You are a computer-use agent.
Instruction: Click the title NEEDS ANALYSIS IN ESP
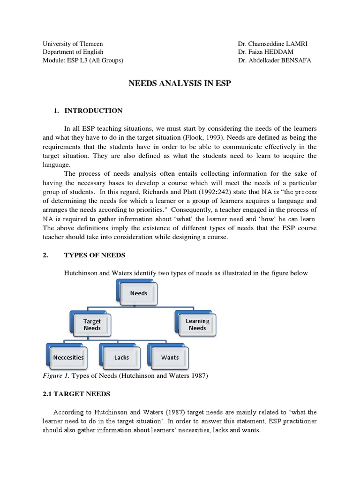[180, 84]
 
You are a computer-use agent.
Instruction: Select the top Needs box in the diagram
[138, 293]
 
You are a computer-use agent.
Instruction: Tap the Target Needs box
[92, 325]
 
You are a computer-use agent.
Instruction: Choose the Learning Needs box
[197, 324]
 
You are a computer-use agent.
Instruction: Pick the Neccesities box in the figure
[68, 357]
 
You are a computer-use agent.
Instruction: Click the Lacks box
[121, 357]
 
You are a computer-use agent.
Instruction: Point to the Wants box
[170, 357]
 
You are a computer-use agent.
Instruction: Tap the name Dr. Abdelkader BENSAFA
[274, 60]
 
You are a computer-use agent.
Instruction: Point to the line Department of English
[73, 52]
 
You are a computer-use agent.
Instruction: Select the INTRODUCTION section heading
[93, 111]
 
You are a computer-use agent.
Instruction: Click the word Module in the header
[53, 60]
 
